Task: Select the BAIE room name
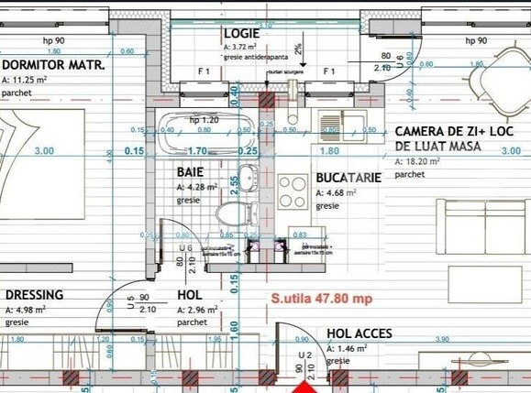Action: tap(190, 171)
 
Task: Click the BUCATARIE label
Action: tap(348, 178)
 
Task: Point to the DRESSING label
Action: tap(34, 294)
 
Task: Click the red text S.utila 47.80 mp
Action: tap(320, 298)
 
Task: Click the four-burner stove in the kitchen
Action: tap(293, 191)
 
